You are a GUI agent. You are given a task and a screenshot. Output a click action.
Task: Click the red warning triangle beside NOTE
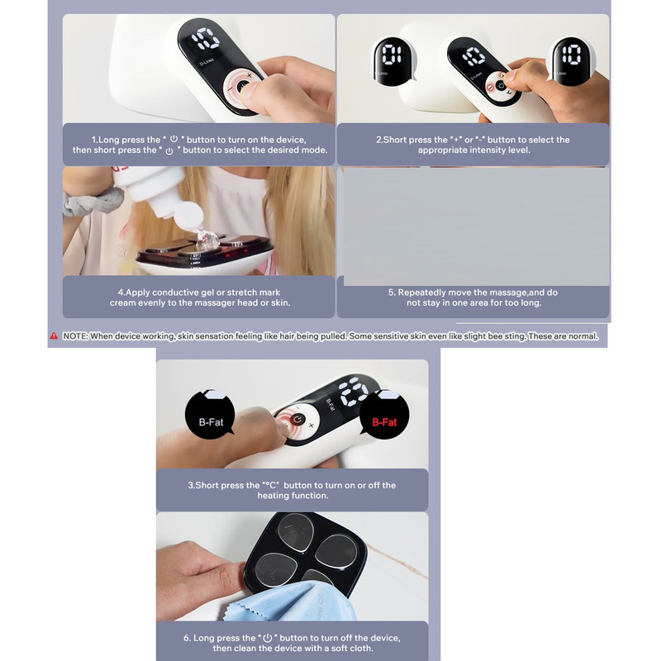point(54,336)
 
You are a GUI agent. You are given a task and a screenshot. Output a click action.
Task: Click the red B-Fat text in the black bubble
point(384,422)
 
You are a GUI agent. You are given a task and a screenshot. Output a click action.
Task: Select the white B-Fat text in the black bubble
point(211,422)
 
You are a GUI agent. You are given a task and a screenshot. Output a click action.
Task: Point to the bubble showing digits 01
point(392,61)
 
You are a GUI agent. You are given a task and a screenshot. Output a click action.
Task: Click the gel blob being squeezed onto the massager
point(208,239)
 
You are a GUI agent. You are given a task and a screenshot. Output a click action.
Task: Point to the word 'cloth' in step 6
point(362,649)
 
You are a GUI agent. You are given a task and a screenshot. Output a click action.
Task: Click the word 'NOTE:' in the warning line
point(75,336)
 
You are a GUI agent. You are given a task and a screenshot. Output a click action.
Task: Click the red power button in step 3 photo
point(297,420)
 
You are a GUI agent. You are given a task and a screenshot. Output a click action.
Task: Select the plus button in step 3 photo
point(311,426)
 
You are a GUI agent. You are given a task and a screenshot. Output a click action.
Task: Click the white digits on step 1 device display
point(206,39)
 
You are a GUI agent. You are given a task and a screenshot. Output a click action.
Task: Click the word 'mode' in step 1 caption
point(316,150)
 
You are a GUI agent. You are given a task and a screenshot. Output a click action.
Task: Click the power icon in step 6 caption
point(267,638)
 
